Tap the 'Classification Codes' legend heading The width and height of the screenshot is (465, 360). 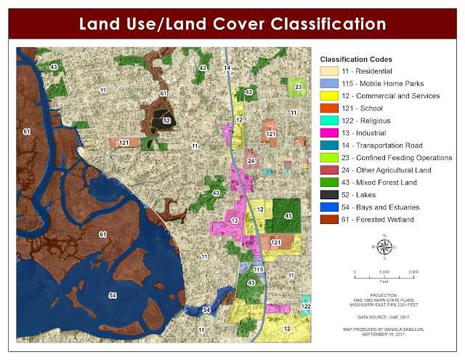[x=357, y=58]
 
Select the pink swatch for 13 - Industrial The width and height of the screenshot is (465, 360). [x=331, y=132]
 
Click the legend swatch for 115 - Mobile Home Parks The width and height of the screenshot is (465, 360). [x=331, y=83]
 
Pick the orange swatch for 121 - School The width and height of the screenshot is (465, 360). [x=331, y=108]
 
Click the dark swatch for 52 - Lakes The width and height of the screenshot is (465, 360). [x=331, y=194]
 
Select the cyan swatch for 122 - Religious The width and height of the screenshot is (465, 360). [x=331, y=120]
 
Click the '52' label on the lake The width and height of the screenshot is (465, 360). [x=166, y=121]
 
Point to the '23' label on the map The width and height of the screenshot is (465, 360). [x=298, y=87]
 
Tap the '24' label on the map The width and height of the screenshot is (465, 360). [x=251, y=160]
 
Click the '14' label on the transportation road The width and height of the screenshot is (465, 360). [x=227, y=68]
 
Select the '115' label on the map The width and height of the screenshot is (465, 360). [x=259, y=270]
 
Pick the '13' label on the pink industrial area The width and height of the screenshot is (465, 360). [x=234, y=220]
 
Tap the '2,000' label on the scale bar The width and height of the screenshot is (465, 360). [x=413, y=271]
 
